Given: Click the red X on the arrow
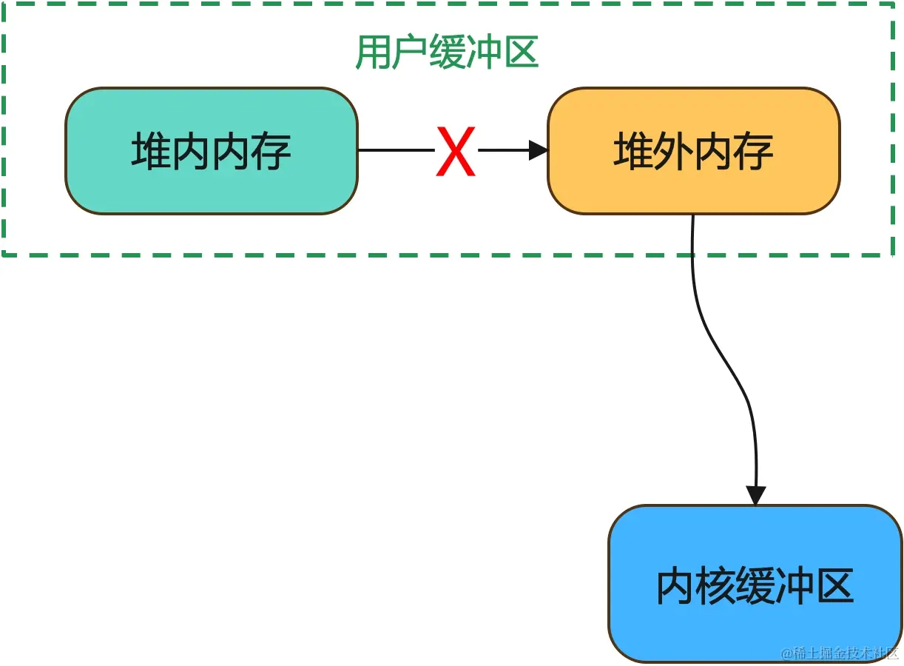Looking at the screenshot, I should (454, 152).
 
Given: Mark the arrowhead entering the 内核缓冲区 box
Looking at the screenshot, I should (755, 495).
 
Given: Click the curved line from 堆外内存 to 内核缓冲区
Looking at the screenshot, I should (721, 355).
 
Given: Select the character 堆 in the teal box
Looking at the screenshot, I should (150, 151).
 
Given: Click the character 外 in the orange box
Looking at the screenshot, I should (673, 152).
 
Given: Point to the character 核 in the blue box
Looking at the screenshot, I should (715, 585).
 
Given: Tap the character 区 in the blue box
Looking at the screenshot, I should (835, 585).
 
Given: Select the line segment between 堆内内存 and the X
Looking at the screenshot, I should (396, 151).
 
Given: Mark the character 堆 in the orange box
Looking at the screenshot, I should (633, 152).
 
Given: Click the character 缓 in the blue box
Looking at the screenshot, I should (755, 585).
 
